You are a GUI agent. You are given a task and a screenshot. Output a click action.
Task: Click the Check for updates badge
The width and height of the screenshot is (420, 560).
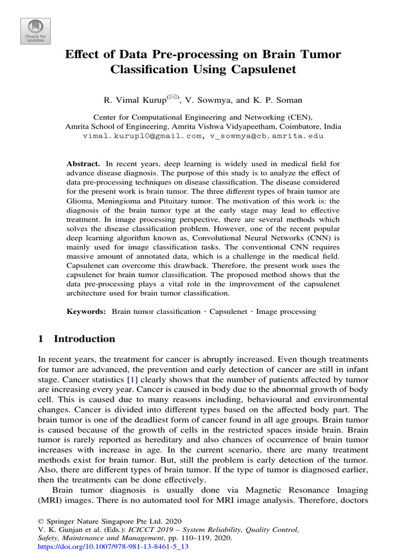point(36,31)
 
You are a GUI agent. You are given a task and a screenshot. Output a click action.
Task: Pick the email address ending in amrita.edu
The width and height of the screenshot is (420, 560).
point(265,136)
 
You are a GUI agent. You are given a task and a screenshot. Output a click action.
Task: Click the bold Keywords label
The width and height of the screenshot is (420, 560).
point(86,311)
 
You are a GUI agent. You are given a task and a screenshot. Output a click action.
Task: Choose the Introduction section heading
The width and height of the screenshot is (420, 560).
point(84,339)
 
